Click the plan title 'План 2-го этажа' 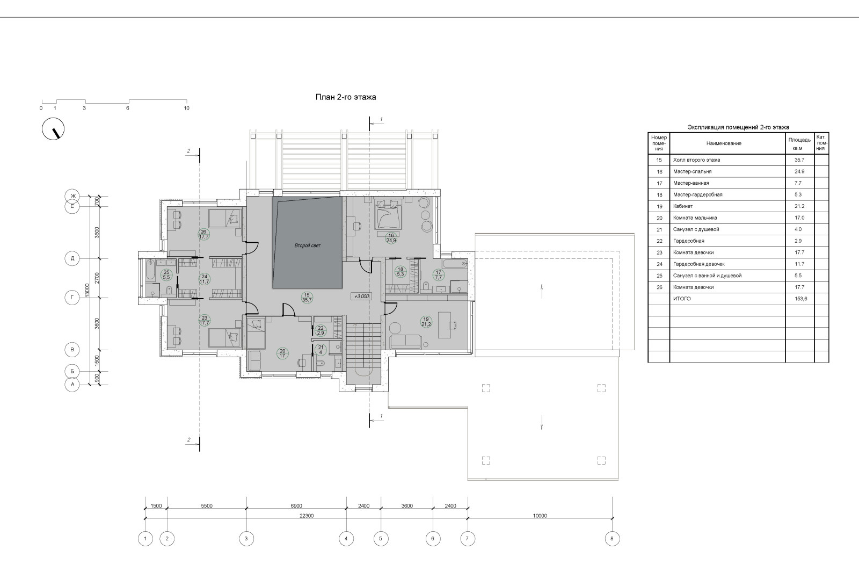point(346,97)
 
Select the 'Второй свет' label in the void point(307,245)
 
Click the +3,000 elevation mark point(361,296)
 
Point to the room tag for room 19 point(426,322)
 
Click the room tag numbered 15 point(307,298)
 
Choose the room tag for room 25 point(166,274)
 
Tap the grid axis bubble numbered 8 point(612,538)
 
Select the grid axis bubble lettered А point(72,384)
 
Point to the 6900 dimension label point(296,505)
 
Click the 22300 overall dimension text point(307,516)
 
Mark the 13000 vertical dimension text point(87,290)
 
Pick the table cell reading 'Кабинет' point(683,206)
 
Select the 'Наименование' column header point(724,143)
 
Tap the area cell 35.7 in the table point(799,160)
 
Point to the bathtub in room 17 point(454,264)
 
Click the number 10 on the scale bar point(186,108)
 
